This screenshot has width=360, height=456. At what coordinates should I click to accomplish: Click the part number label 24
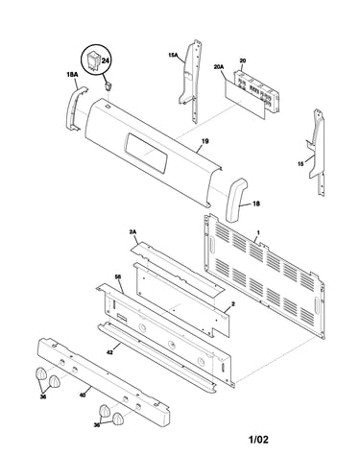[106, 60]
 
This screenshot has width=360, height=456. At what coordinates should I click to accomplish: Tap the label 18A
[72, 74]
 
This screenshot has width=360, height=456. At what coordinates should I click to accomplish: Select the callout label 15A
[173, 55]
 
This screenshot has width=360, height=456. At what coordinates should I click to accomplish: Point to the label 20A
[219, 67]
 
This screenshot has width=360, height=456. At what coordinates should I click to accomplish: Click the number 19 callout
[205, 141]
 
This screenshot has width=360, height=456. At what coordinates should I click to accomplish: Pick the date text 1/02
[258, 440]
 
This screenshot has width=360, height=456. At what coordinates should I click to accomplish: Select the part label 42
[109, 352]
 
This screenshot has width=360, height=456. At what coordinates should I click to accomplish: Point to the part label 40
[83, 395]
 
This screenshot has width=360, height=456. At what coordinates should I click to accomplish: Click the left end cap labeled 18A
[76, 108]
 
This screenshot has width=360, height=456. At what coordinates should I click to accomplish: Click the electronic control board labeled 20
[256, 90]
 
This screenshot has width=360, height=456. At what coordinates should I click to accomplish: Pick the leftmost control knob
[40, 373]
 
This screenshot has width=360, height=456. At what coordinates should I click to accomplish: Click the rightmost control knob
[118, 419]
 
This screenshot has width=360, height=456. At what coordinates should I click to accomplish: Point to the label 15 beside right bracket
[300, 164]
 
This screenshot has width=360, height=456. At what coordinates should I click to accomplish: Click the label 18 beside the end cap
[256, 204]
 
